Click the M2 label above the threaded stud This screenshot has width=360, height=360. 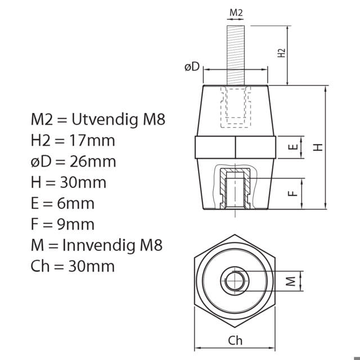point(236,12)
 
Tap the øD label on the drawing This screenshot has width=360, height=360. point(192,67)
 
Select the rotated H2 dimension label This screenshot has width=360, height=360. point(281,53)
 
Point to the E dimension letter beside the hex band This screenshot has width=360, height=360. point(293,147)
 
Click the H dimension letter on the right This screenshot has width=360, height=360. point(318,147)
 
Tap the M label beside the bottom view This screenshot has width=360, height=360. point(291,281)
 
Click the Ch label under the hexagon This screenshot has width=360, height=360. point(235,340)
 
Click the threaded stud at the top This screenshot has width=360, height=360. point(236,55)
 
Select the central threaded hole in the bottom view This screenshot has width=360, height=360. point(235,281)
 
